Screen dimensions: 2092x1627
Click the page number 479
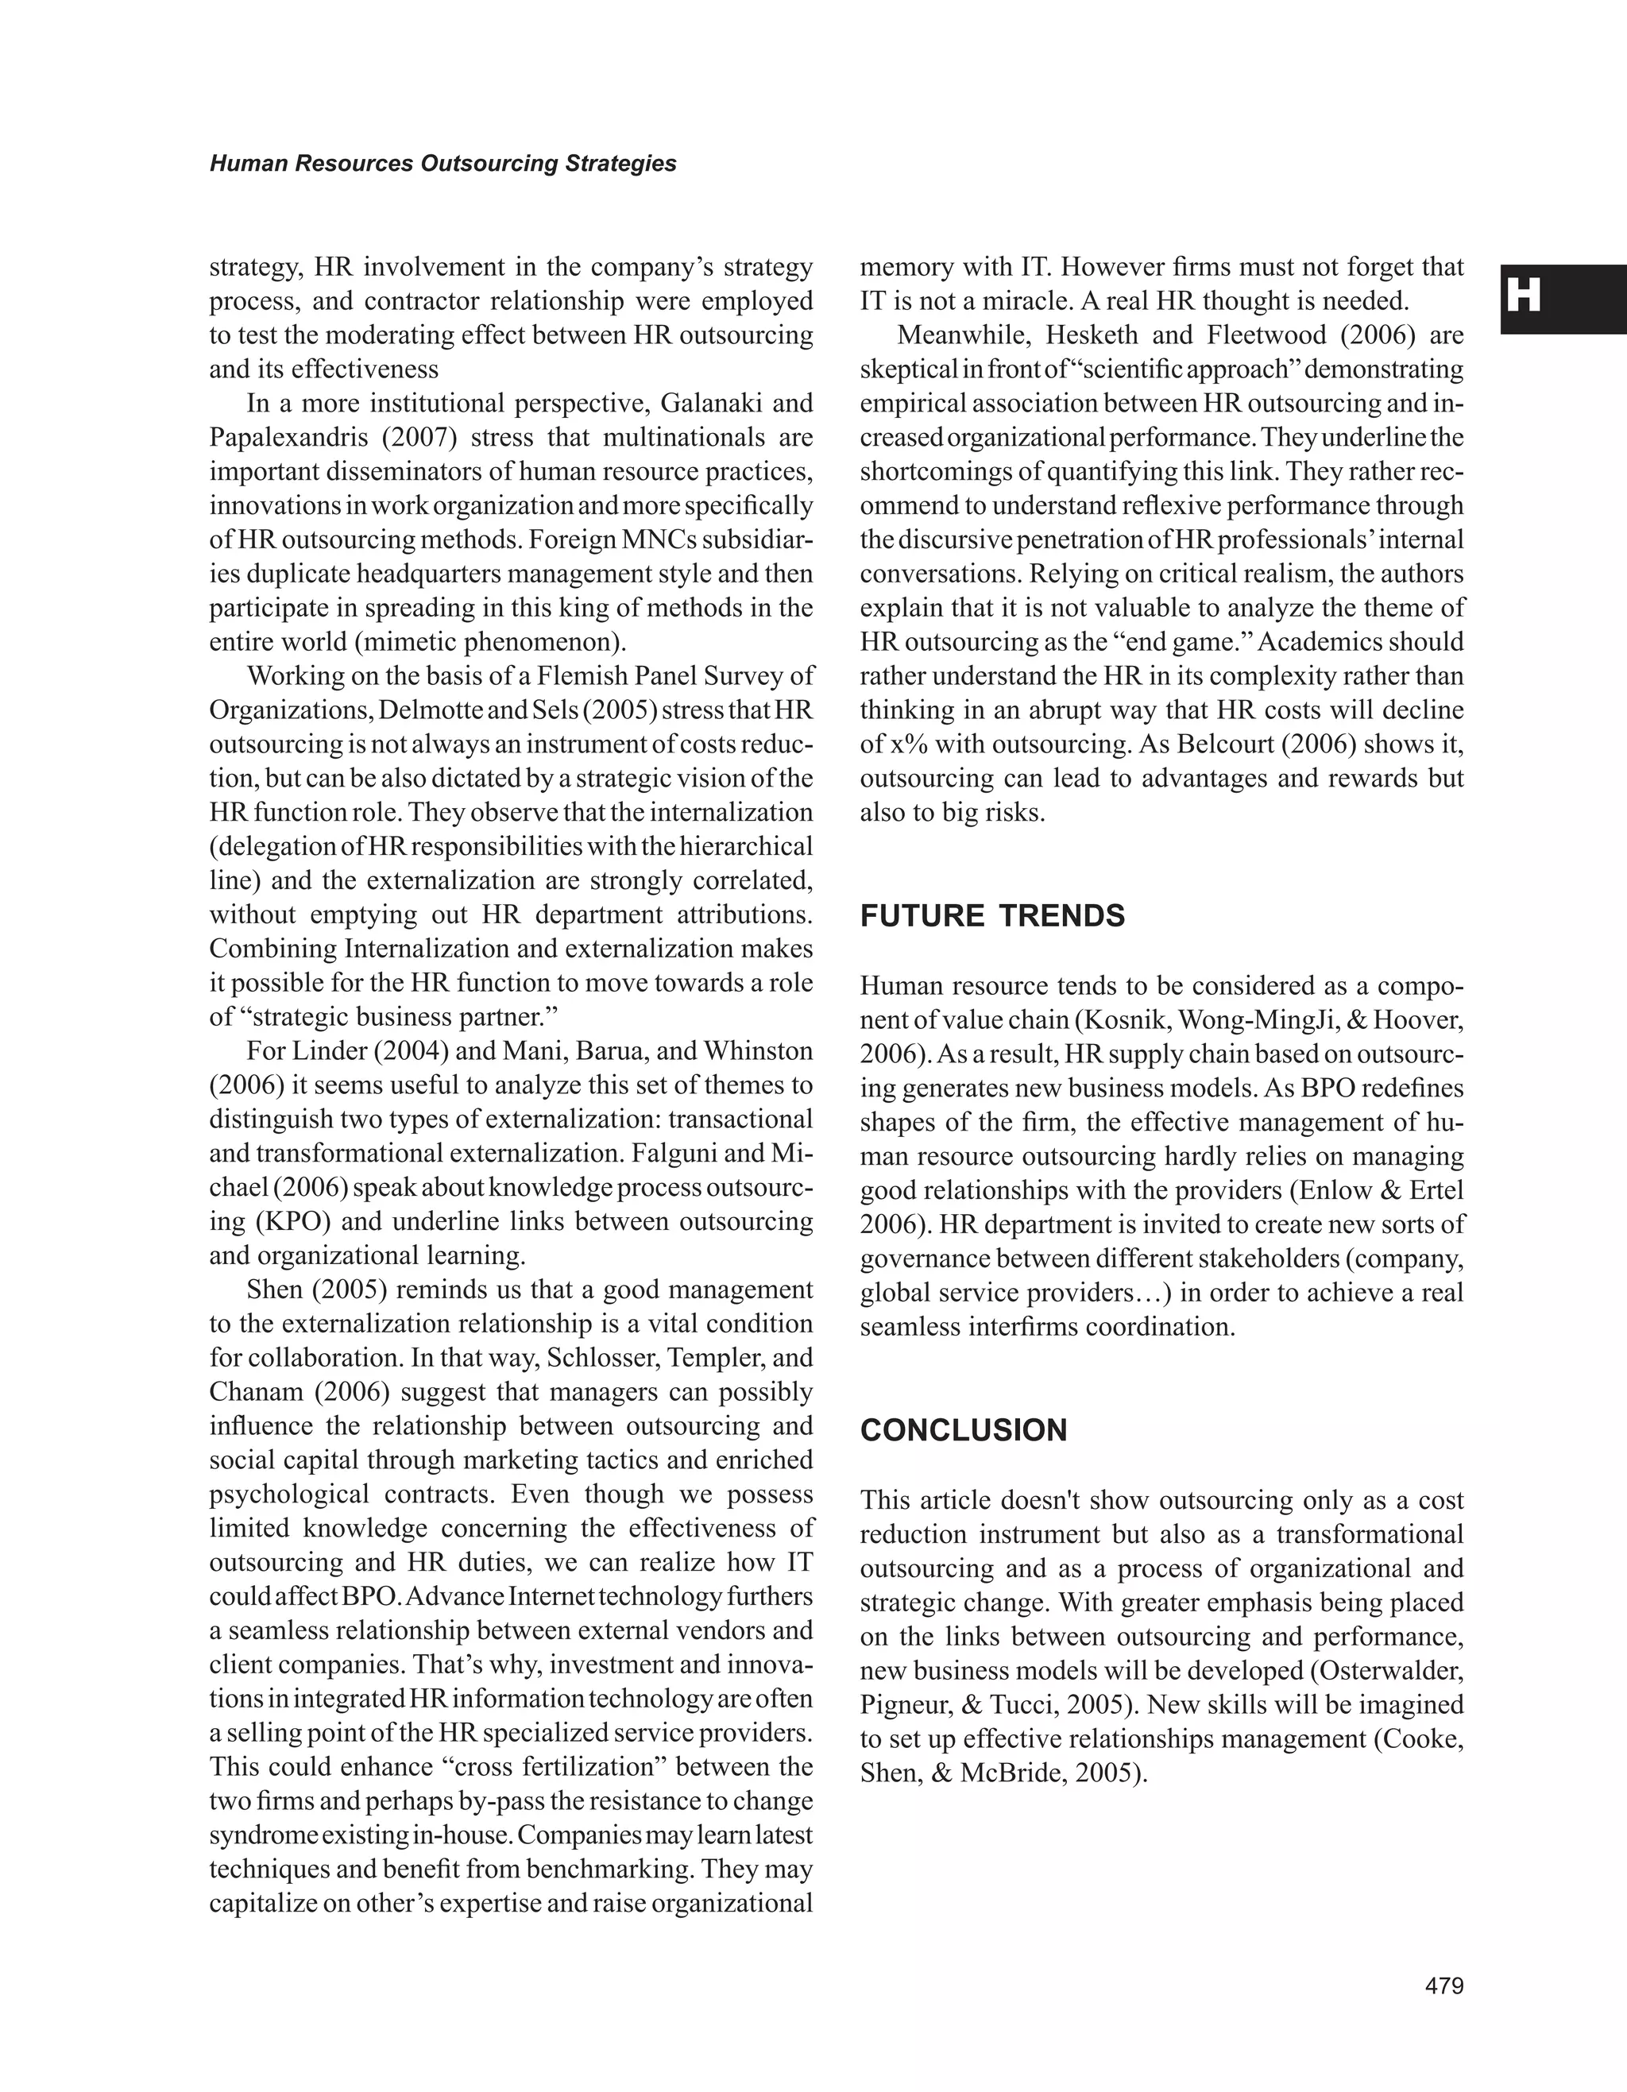(x=1444, y=1986)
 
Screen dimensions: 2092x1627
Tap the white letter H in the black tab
(x=1524, y=296)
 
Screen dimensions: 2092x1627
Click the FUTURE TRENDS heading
(x=992, y=916)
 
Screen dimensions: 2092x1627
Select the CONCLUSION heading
(x=964, y=1430)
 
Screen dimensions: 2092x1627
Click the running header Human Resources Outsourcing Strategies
(x=442, y=164)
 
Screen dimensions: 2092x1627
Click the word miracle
(x=1032, y=301)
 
